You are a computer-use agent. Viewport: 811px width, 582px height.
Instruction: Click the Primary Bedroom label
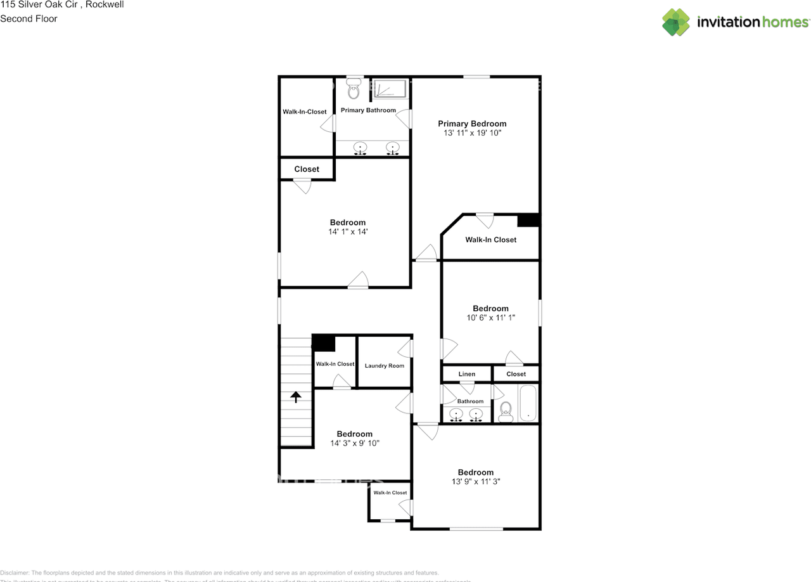(472, 124)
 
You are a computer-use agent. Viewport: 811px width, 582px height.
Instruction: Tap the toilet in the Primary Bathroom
(354, 90)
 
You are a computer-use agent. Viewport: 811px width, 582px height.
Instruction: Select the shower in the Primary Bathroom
(388, 89)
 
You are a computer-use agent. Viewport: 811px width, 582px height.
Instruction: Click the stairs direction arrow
(296, 397)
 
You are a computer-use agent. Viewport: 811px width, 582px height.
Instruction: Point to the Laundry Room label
(384, 366)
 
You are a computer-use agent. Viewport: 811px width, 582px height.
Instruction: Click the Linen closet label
(466, 374)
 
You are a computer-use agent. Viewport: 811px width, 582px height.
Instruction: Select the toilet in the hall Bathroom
(506, 412)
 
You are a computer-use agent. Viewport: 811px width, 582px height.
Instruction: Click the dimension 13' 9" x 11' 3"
(475, 482)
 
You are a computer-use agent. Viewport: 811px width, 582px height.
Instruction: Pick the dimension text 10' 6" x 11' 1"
(490, 318)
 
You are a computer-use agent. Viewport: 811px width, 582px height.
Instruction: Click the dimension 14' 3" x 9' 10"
(354, 444)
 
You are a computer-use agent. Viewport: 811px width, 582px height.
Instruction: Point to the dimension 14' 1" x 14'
(347, 232)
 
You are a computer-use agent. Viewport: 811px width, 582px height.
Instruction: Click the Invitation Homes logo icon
(676, 22)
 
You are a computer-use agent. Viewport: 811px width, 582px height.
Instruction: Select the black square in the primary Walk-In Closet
(528, 220)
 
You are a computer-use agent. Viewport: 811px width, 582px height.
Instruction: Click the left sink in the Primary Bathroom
(360, 149)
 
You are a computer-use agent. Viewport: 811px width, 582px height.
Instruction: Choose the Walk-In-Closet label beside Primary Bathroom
(304, 112)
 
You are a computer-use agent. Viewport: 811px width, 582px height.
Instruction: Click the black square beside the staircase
(324, 343)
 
